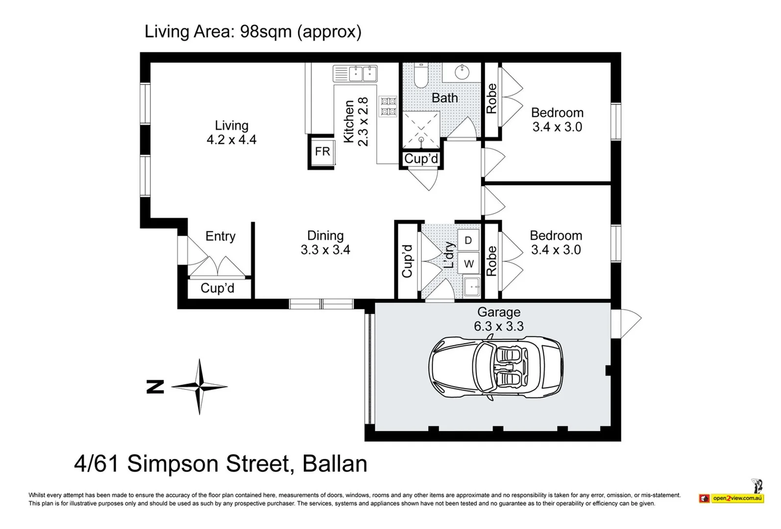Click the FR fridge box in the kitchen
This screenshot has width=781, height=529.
322,151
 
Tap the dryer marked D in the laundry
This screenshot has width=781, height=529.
468,240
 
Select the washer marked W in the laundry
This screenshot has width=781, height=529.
468,264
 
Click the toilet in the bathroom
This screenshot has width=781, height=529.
421,75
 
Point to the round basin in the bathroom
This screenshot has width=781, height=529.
462,72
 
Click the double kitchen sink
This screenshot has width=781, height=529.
355,73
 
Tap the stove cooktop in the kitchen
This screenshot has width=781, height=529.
388,106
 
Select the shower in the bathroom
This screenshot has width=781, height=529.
421,130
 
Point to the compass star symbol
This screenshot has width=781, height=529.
199,386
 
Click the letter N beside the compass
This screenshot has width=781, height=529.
155,387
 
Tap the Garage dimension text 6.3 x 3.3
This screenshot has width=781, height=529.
499,326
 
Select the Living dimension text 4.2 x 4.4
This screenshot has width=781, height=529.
232,140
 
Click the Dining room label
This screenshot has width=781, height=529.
325,236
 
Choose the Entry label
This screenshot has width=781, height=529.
220,236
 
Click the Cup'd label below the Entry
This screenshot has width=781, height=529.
217,288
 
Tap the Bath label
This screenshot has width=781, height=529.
444,98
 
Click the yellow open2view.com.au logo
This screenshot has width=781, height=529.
737,498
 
